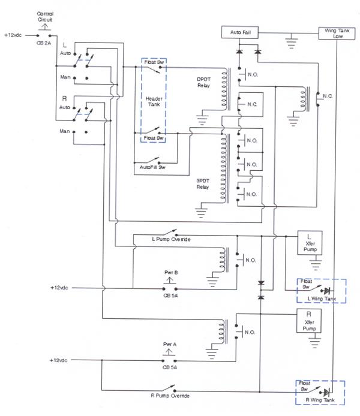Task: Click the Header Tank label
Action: click(154, 103)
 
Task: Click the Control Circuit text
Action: click(45, 16)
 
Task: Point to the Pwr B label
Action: click(171, 272)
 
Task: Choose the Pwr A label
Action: click(170, 345)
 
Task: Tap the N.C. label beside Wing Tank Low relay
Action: click(328, 96)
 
